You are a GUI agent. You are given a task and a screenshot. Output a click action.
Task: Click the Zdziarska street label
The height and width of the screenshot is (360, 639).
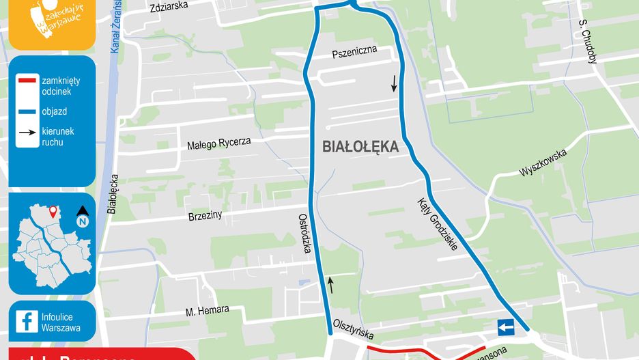168,8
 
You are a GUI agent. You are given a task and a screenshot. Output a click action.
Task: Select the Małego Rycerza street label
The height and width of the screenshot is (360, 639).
219,143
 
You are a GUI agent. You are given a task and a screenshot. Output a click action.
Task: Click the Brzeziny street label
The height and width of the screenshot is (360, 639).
205,216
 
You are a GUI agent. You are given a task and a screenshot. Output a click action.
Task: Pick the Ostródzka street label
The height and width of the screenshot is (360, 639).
304,233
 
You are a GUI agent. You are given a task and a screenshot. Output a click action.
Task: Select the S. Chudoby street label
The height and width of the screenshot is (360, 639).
588,41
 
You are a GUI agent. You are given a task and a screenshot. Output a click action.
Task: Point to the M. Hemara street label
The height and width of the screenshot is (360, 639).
208,311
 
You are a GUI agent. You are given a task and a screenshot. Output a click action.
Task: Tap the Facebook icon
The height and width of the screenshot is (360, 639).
27,321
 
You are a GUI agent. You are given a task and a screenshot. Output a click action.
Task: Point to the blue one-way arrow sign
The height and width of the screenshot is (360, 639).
506,329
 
